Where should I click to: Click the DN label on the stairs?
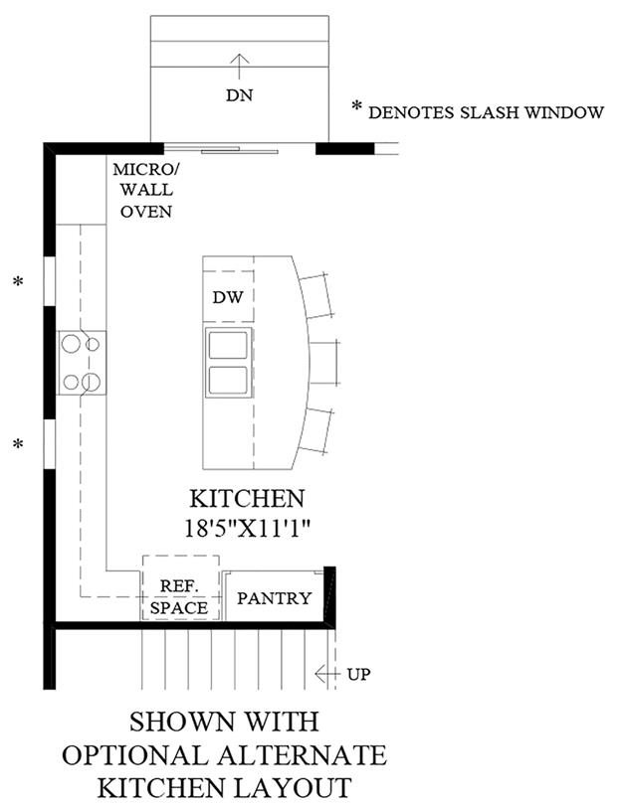pos(239,95)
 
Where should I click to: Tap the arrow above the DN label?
pos(239,67)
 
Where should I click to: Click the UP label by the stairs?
pos(358,674)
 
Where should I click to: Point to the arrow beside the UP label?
pos(327,674)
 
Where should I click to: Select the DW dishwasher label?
pos(228,297)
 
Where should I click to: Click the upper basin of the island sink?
pos(228,345)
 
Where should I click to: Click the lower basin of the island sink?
pos(228,380)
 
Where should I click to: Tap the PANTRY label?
pos(275,598)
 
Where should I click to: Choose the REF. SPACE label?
pos(179,596)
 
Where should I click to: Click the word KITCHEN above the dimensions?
pos(247,499)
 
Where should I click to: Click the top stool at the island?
pos(315,295)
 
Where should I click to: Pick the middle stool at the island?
pos(324,363)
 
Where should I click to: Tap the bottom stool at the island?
pos(315,430)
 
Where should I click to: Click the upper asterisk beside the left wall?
pos(19,282)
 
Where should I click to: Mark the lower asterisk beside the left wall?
pos(19,444)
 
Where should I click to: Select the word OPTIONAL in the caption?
pos(135,755)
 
